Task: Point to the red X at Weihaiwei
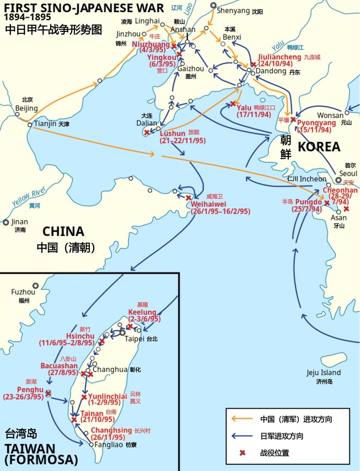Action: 188,198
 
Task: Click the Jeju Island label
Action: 323,373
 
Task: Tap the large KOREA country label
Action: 319,147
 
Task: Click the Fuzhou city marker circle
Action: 35,286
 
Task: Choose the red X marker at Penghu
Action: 48,393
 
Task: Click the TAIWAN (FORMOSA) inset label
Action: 41,454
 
